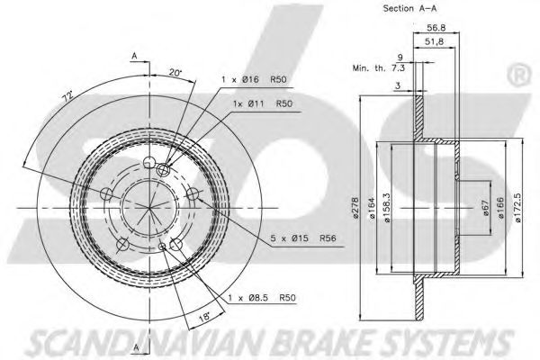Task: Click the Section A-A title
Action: click(409, 8)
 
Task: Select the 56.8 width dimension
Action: click(436, 28)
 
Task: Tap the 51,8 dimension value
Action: click(434, 41)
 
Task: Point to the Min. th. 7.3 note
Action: click(379, 67)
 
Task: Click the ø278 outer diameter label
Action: click(355, 208)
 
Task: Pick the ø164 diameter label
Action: click(371, 209)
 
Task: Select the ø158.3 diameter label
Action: click(387, 208)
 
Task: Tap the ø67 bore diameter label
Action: click(486, 208)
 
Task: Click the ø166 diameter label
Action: click(500, 208)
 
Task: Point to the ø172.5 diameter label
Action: click(518, 208)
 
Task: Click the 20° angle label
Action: click(175, 73)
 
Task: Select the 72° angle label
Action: click(67, 95)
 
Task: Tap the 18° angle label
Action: click(204, 316)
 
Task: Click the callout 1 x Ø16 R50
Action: click(254, 79)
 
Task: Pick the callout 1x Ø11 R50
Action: click(263, 103)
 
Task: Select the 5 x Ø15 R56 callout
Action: click(303, 238)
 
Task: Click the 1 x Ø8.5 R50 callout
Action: click(262, 298)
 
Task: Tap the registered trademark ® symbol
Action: click(518, 76)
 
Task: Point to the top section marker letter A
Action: click(135, 56)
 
